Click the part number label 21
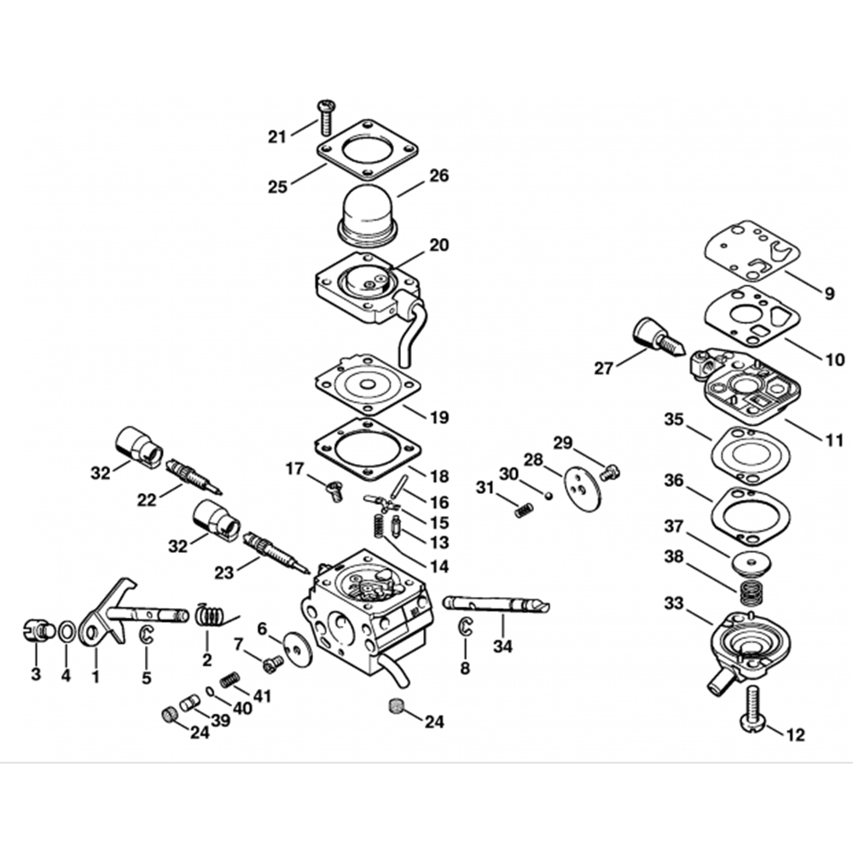point(277,137)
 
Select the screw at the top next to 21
point(326,116)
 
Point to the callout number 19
point(438,418)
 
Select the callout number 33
point(674,604)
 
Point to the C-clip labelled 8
point(466,625)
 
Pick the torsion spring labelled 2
point(209,614)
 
